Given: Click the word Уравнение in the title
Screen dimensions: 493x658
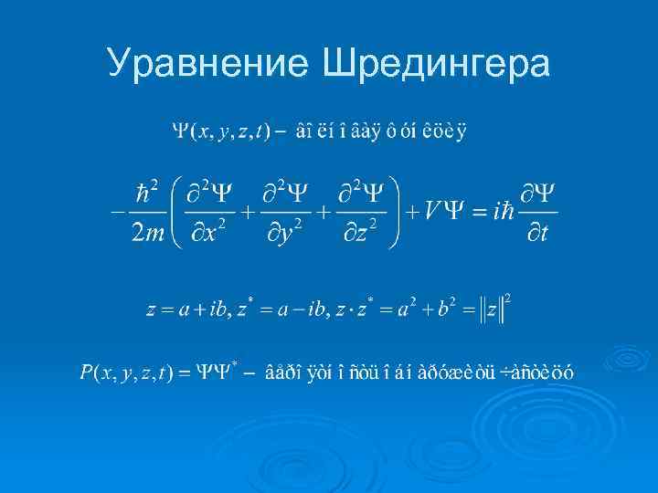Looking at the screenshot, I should click(x=210, y=64).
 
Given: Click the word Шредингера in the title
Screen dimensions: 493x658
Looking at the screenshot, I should click(x=437, y=64).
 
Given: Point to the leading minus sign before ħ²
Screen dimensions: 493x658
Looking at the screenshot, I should click(x=116, y=212).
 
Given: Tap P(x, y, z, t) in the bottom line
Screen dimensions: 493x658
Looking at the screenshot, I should click(x=122, y=372).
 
